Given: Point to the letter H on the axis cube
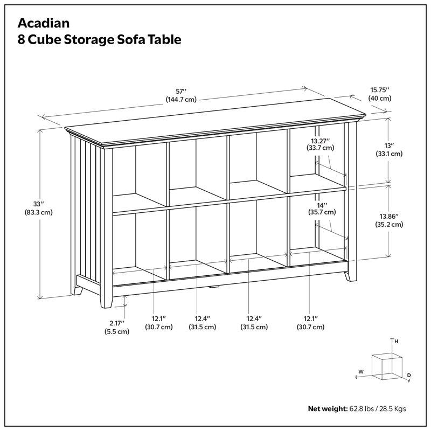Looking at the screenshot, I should pyautogui.click(x=396, y=342).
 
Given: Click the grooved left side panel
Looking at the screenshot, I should pyautogui.click(x=86, y=210).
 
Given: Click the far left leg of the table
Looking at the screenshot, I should pyautogui.click(x=78, y=290).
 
